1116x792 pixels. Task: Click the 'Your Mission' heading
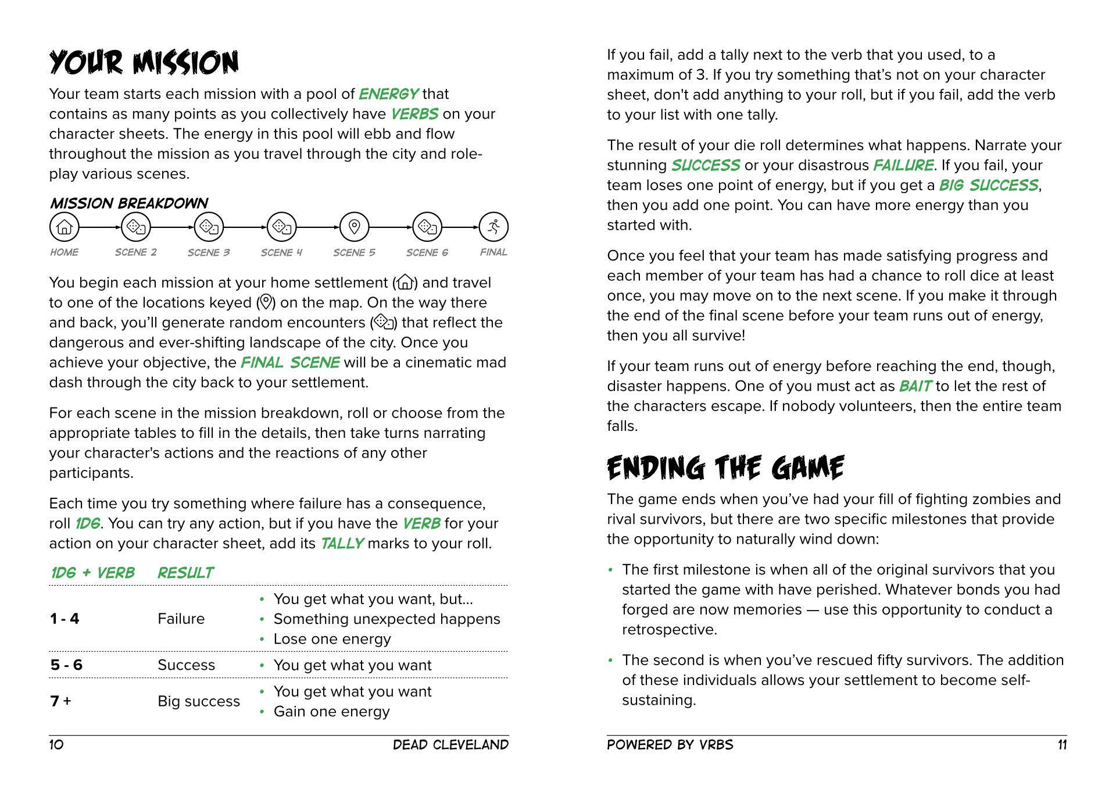click(x=144, y=62)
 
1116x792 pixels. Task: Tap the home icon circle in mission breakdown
click(x=64, y=227)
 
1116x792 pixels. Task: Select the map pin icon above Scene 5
click(x=354, y=227)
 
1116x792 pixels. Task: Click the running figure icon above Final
click(x=493, y=227)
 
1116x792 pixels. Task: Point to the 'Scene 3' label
click(x=209, y=252)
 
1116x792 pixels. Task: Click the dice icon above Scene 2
click(x=136, y=227)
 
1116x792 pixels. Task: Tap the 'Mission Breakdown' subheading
click(x=128, y=203)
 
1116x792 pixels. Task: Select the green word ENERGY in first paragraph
click(x=388, y=94)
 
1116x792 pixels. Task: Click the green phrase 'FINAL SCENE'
click(x=289, y=363)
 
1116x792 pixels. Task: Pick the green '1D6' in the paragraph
click(x=87, y=524)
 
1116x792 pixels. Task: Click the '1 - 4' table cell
click(x=65, y=619)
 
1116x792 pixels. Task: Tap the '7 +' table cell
click(x=60, y=701)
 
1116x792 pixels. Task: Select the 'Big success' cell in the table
click(x=198, y=701)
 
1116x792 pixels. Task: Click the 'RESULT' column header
click(x=185, y=573)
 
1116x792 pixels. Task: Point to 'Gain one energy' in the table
click(x=331, y=712)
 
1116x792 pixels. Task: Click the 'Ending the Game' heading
click(x=725, y=468)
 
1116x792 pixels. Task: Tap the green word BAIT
click(x=915, y=387)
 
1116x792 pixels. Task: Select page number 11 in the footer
click(x=1062, y=745)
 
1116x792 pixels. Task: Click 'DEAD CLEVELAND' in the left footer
click(x=450, y=745)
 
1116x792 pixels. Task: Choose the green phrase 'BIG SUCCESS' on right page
click(x=988, y=185)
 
